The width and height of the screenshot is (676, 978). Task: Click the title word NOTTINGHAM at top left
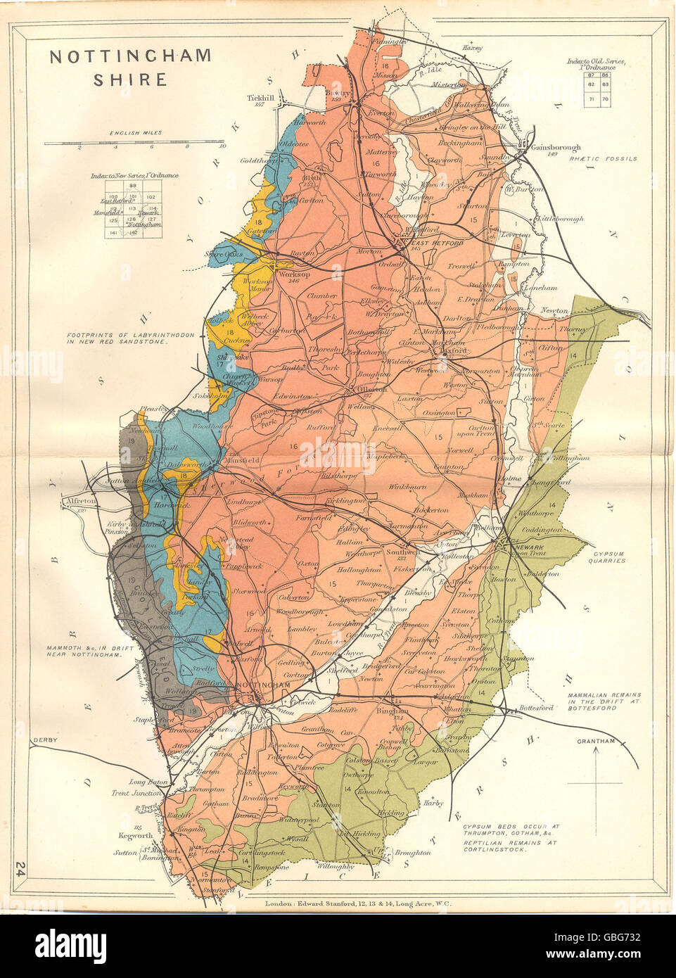tap(130, 57)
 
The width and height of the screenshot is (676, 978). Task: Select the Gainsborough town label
tap(556, 148)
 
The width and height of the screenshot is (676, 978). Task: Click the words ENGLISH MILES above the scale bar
tap(135, 132)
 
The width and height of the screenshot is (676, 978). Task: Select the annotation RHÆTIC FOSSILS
tap(603, 159)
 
